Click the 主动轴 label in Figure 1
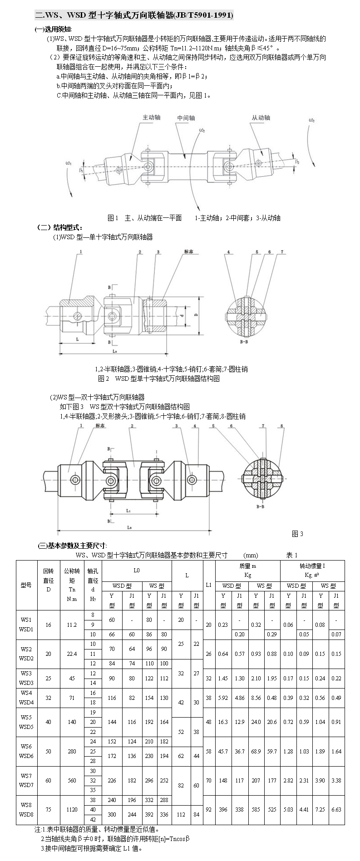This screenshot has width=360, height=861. pyautogui.click(x=152, y=117)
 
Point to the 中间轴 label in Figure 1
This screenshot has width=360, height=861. pyautogui.click(x=186, y=118)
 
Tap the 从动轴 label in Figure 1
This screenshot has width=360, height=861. pyautogui.click(x=261, y=118)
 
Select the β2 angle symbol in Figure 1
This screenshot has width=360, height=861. pyautogui.click(x=297, y=161)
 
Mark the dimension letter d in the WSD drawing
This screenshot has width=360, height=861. pyautogui.click(x=181, y=314)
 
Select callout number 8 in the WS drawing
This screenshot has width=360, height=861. pyautogui.click(x=282, y=426)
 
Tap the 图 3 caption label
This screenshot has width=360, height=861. pyautogui.click(x=297, y=533)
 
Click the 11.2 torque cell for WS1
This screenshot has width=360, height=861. pyautogui.click(x=72, y=625)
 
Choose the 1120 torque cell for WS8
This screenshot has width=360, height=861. pyautogui.click(x=72, y=809)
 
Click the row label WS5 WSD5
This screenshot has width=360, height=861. pyautogui.click(x=26, y=722)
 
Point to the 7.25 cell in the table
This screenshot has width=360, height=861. pyautogui.click(x=321, y=809)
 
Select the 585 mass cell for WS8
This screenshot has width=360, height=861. pyautogui.click(x=256, y=809)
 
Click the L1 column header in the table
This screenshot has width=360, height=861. pyautogui.click(x=209, y=585)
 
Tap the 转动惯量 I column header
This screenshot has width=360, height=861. pyautogui.click(x=312, y=566)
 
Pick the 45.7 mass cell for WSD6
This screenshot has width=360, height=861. pyautogui.click(x=223, y=752)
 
